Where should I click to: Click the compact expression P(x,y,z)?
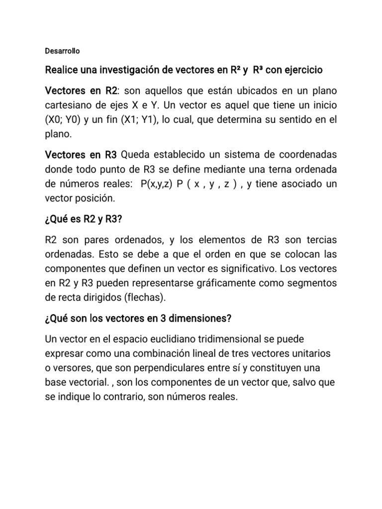pyautogui.click(x=156, y=184)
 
